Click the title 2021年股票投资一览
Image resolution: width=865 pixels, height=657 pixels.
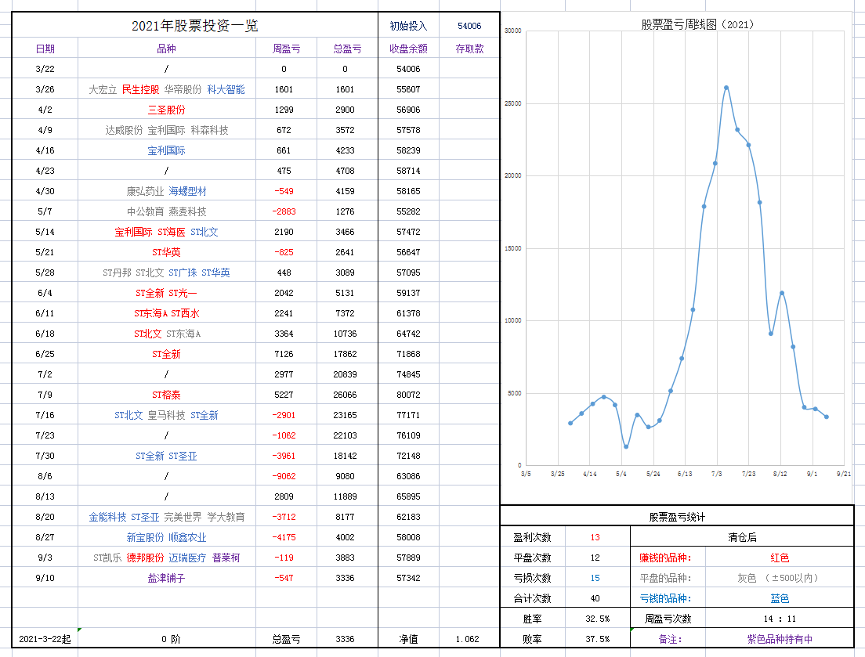[194, 26]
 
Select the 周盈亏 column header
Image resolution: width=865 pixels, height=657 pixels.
[286, 49]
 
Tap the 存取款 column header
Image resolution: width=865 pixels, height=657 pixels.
[469, 49]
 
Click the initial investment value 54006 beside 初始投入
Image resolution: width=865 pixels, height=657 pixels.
[469, 26]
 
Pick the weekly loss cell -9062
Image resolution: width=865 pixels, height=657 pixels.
[284, 476]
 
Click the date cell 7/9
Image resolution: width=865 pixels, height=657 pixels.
[45, 395]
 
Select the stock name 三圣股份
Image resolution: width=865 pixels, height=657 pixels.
[166, 110]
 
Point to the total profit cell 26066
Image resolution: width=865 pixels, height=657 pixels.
[345, 395]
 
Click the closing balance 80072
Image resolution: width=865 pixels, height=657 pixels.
[408, 395]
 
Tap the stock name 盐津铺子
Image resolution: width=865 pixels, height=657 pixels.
[166, 578]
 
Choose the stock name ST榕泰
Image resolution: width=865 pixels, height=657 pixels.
[166, 395]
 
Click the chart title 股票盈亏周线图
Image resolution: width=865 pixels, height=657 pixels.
[697, 24]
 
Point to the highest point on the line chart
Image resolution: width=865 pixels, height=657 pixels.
[726, 88]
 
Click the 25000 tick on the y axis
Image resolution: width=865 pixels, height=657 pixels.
[513, 103]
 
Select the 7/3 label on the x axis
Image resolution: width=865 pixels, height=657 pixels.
[716, 474]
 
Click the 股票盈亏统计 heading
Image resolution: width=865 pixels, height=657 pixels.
[677, 517]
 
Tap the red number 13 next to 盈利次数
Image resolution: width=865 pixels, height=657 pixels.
[595, 537]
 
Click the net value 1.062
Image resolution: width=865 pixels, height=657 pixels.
[468, 639]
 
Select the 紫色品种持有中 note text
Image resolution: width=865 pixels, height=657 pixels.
[779, 639]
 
